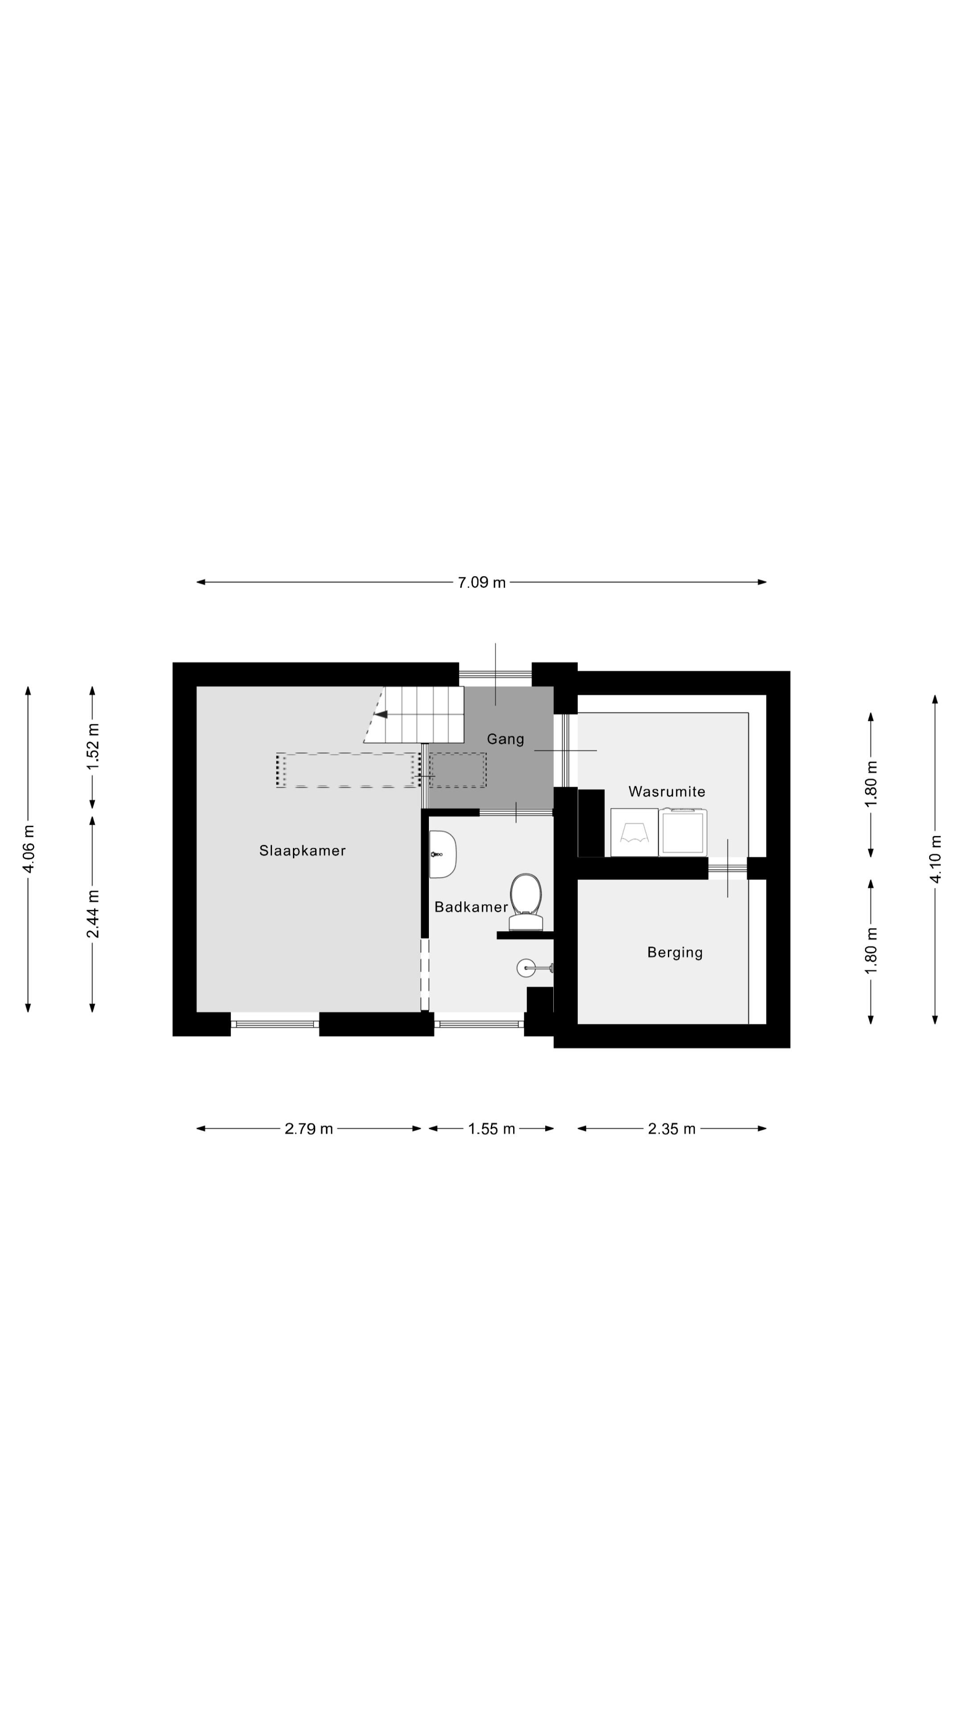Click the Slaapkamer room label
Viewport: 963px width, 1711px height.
coord(302,850)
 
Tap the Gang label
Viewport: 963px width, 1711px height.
coord(505,739)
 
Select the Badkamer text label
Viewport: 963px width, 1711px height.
coord(470,907)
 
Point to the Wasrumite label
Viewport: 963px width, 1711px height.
coord(667,791)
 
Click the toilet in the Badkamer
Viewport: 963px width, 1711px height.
coord(526,900)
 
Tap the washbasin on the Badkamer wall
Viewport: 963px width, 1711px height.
coord(443,854)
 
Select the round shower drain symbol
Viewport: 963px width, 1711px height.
coord(526,968)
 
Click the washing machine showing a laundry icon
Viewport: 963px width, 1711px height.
coord(634,832)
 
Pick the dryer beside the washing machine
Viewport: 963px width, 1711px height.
coord(683,832)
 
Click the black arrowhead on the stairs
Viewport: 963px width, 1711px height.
coord(380,714)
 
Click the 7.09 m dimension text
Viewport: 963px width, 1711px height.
coord(481,582)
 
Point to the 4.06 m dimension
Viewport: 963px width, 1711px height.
coord(28,850)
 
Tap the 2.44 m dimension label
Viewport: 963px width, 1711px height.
coord(92,913)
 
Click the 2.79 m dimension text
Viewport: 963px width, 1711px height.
coord(309,1129)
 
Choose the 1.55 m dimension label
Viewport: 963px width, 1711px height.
coord(491,1129)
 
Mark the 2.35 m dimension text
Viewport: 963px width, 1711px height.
coord(671,1129)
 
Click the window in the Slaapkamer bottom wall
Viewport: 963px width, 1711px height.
coord(275,1023)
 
